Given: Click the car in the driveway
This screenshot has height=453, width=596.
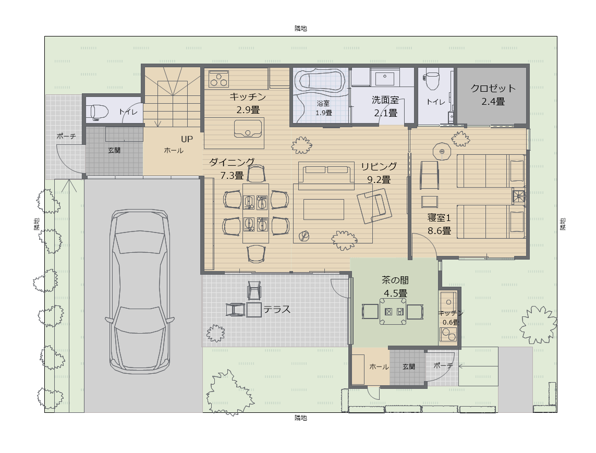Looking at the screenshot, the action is (x=140, y=291).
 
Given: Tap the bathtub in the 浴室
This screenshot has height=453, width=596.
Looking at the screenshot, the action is (x=322, y=81).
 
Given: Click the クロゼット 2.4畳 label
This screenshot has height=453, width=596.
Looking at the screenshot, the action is (x=493, y=95).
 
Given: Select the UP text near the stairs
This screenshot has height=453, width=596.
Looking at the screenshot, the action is (x=187, y=139).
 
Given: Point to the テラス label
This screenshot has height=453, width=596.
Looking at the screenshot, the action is (x=277, y=309).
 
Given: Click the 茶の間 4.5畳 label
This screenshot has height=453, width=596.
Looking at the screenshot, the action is (x=395, y=287).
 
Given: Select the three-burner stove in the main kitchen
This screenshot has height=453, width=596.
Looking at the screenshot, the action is (x=218, y=79).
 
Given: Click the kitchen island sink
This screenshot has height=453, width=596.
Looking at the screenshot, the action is (x=248, y=128).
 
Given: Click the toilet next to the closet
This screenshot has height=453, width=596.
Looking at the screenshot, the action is (x=433, y=79).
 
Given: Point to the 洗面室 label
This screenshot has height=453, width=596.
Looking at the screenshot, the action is (x=385, y=100).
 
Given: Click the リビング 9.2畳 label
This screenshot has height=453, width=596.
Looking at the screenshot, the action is (x=379, y=173).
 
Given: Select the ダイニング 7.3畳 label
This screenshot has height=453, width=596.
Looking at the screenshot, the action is (x=232, y=169).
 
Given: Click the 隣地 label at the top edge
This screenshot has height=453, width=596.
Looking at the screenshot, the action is (x=301, y=29).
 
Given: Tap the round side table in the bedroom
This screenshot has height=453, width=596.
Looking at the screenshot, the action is (x=442, y=152).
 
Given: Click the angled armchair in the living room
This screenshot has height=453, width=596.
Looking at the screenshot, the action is (x=374, y=205).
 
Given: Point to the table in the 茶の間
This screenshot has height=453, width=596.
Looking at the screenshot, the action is (x=393, y=312).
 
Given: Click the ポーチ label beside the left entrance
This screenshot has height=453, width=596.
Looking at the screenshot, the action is (x=66, y=136).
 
